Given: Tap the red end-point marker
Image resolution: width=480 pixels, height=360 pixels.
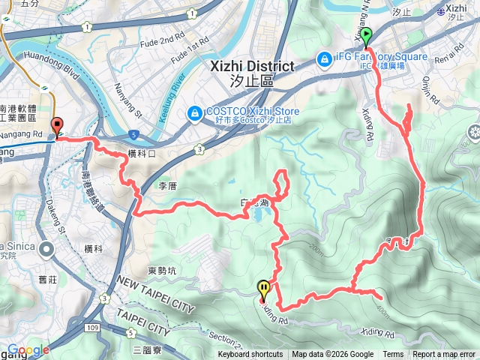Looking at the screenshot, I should (57, 126).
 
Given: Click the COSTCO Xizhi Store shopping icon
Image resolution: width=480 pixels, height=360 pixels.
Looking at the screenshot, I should (194, 112).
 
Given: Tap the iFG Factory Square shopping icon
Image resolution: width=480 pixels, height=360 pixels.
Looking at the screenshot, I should (325, 58).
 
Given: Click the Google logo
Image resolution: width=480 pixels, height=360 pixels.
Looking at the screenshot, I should (28, 350).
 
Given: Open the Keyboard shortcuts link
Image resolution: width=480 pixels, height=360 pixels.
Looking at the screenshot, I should (250, 355).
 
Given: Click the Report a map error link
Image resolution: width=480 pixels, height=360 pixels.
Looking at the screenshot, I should (444, 355).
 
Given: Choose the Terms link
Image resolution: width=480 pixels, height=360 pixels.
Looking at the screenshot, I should (393, 355).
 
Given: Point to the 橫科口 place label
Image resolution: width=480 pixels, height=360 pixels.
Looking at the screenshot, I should (141, 153).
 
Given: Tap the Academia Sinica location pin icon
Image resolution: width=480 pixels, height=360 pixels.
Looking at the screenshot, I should (46, 249).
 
